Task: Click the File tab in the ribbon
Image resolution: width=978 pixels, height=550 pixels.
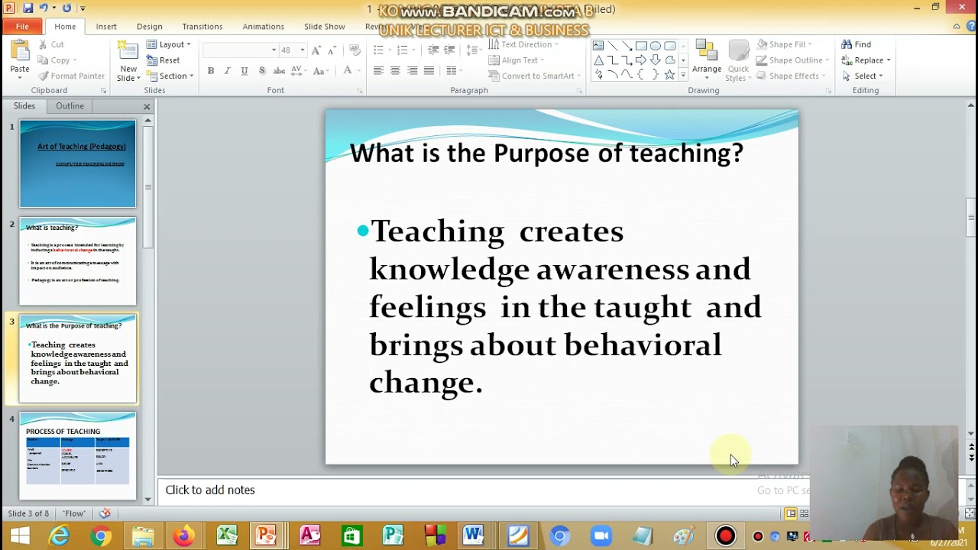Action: pyautogui.click(x=22, y=27)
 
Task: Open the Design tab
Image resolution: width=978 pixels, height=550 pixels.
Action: pyautogui.click(x=150, y=27)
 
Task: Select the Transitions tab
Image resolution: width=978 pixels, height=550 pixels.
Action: pyautogui.click(x=202, y=27)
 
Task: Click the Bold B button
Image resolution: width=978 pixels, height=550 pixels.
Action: pyautogui.click(x=211, y=71)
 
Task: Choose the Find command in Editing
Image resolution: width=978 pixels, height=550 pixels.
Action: pyautogui.click(x=857, y=44)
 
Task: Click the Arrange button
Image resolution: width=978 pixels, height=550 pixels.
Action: pyautogui.click(x=706, y=60)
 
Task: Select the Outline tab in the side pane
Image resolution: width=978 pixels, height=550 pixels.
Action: pyautogui.click(x=70, y=106)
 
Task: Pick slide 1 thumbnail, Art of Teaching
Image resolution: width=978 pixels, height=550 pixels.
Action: pyautogui.click(x=78, y=163)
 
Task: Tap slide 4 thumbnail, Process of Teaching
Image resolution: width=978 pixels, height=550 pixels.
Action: pyautogui.click(x=78, y=455)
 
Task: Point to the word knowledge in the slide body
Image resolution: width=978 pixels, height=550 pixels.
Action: pyautogui.click(x=449, y=269)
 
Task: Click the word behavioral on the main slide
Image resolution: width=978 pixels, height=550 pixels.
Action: pyautogui.click(x=643, y=345)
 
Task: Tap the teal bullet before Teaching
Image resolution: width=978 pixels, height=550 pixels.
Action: pyautogui.click(x=362, y=230)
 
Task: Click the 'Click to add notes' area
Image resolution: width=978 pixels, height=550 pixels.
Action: pyautogui.click(x=210, y=490)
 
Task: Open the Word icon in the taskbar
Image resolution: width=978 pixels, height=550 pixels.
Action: pyautogui.click(x=473, y=535)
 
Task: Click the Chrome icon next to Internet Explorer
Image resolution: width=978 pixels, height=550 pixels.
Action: pyautogui.click(x=100, y=536)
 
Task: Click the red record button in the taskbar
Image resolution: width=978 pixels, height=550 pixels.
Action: pyautogui.click(x=725, y=536)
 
